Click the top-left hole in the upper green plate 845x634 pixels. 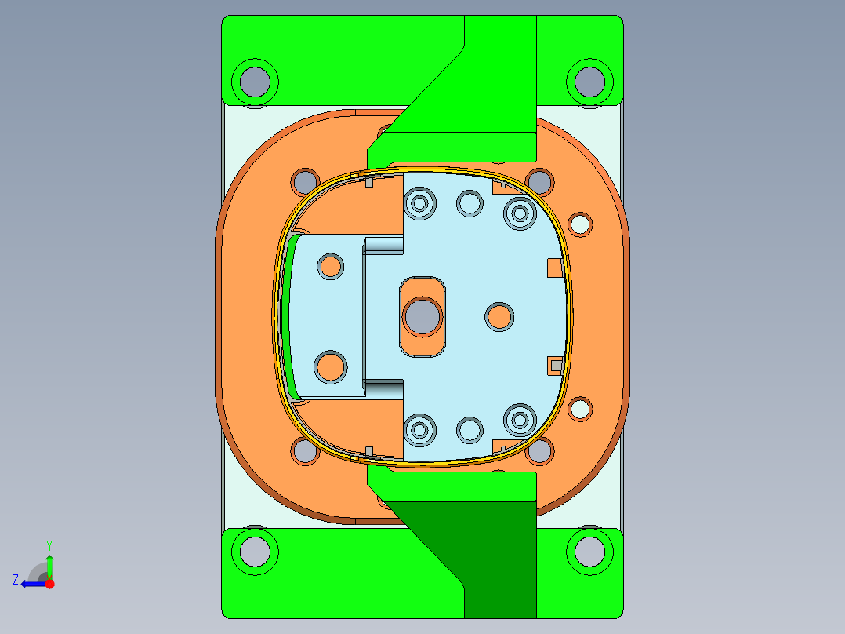tap(255, 81)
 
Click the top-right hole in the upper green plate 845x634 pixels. tap(589, 81)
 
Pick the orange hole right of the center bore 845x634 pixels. tap(499, 317)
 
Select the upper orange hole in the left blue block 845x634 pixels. tap(330, 266)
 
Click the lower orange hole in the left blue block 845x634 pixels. tap(330, 366)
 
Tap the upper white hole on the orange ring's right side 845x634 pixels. tap(580, 224)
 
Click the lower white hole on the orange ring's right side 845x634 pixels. tap(580, 408)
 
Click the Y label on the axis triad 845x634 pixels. tap(49, 545)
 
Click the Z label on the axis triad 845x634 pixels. tap(16, 580)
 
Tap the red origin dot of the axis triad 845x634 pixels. tap(49, 584)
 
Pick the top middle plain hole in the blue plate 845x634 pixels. tap(470, 203)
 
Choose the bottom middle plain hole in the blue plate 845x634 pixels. tap(470, 429)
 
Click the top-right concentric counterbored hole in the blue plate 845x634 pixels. tap(518, 211)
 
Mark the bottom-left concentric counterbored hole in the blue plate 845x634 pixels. tap(420, 429)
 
